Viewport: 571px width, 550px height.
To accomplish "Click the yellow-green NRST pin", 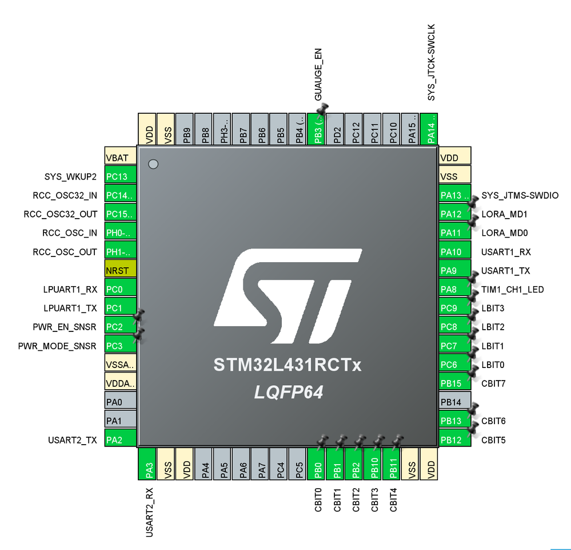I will [x=120, y=270].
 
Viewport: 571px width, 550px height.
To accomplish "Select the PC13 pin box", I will [x=120, y=176].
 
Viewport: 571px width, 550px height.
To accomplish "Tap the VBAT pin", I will [x=120, y=157].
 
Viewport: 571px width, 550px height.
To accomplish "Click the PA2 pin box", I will [x=120, y=440].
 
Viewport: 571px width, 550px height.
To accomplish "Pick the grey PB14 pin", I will [x=454, y=402].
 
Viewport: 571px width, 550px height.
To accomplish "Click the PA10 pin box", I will [x=454, y=252].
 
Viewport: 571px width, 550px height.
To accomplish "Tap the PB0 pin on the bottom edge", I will [x=318, y=464].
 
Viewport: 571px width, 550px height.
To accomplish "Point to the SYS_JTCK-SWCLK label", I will [x=431, y=62].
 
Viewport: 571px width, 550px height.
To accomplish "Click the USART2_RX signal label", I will [x=149, y=512].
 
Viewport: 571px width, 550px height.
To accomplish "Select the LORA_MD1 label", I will [x=504, y=214].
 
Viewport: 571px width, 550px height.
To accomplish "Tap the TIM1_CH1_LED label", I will [x=513, y=290].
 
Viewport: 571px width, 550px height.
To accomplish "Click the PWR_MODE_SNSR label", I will [x=65, y=346].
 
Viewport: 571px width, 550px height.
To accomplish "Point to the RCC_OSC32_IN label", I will [x=65, y=195].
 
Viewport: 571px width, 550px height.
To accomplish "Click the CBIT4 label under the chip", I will [x=393, y=499].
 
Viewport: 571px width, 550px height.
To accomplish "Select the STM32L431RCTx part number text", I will [x=288, y=365].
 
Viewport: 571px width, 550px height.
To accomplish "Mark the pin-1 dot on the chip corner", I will [x=153, y=165].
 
